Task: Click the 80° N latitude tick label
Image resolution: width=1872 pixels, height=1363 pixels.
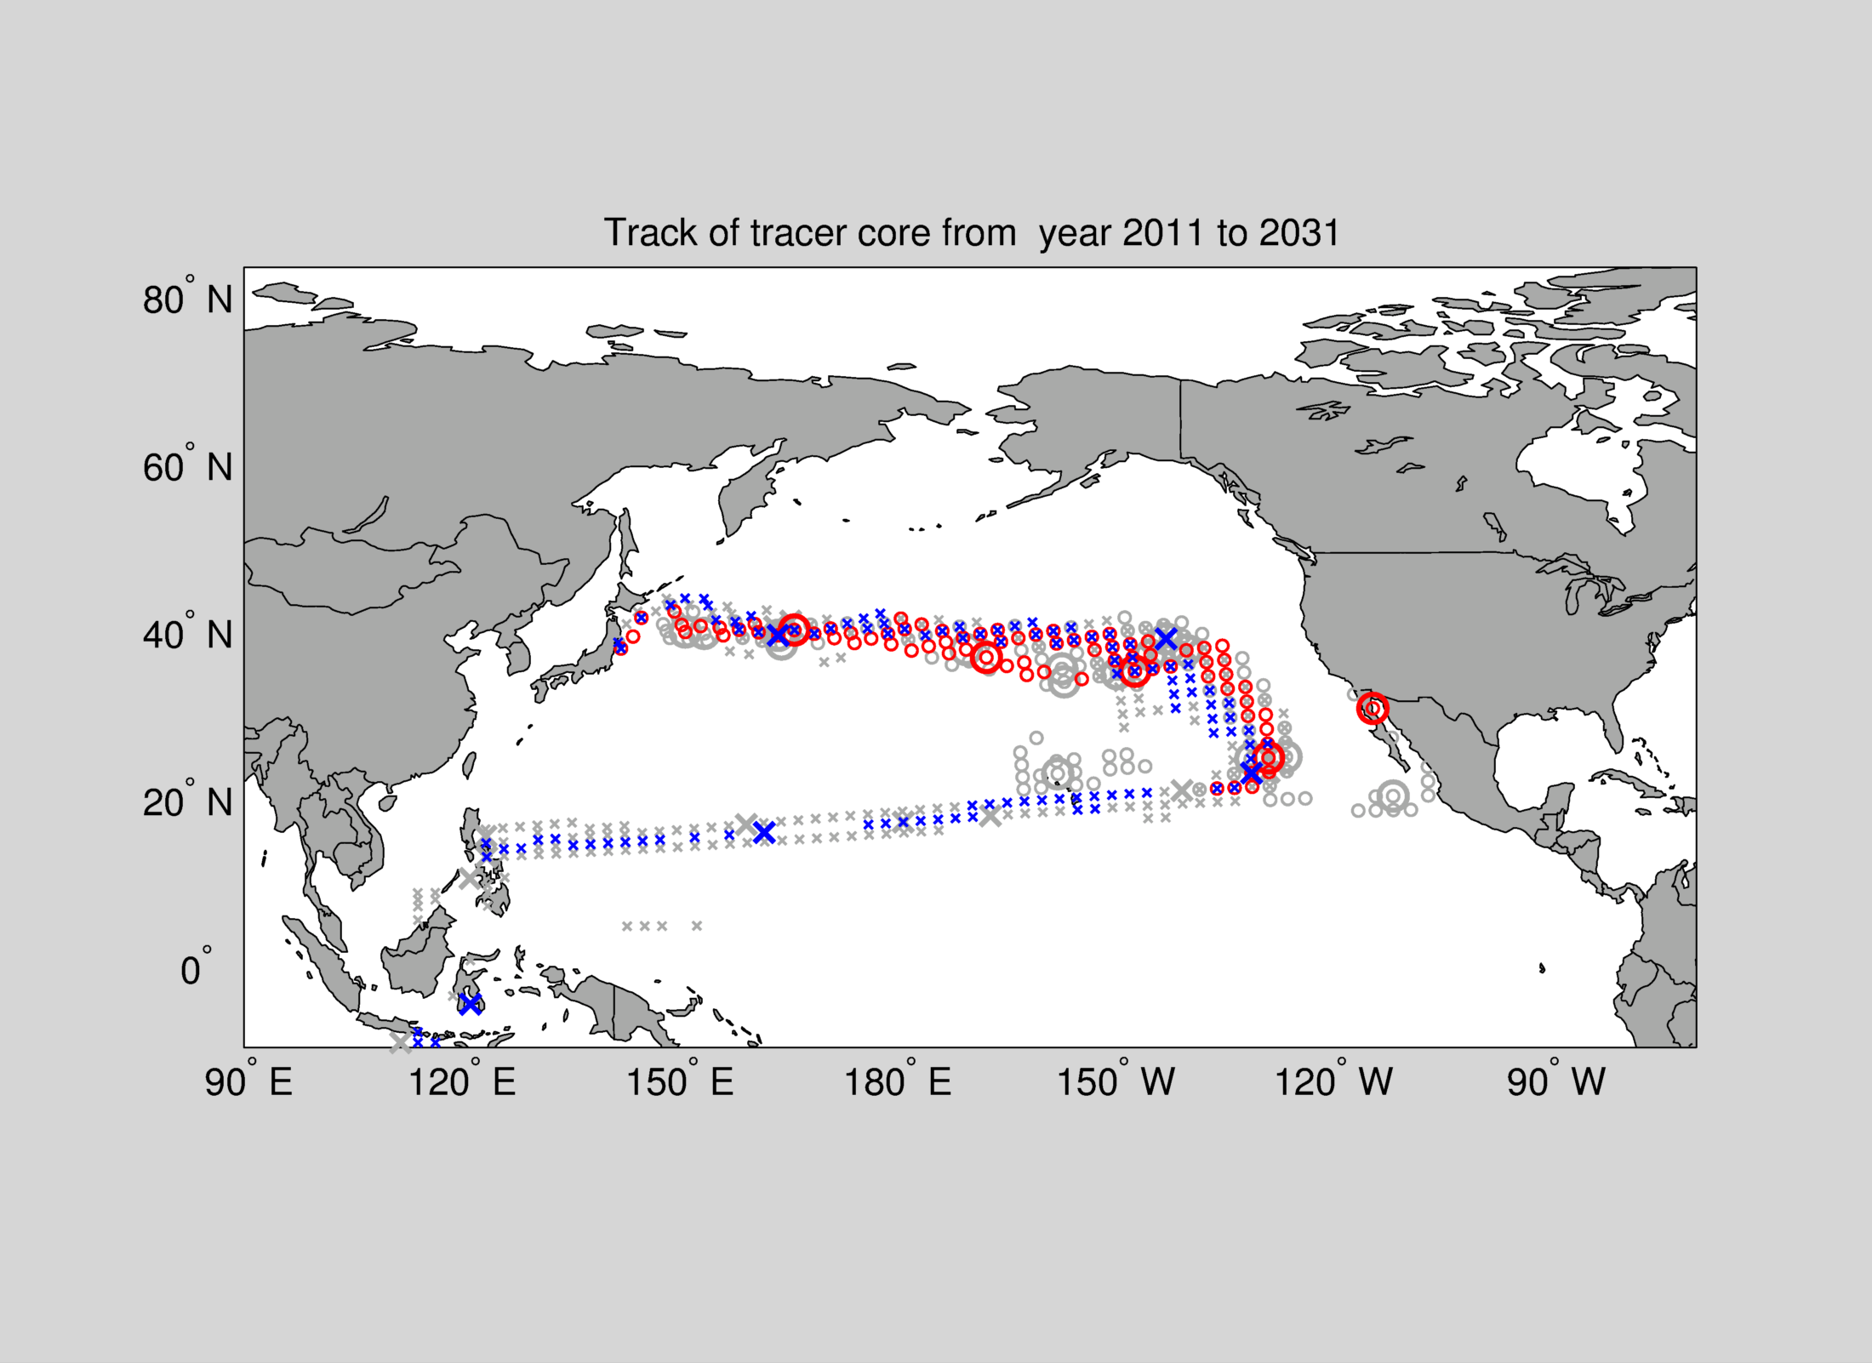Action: pos(187,299)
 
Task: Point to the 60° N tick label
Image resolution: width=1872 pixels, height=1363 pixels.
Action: pos(187,467)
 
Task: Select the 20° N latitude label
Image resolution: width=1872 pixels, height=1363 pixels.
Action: pos(187,802)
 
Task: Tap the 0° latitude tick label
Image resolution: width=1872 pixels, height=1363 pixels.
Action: pos(195,970)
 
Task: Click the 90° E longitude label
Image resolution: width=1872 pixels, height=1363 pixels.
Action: pos(248,1082)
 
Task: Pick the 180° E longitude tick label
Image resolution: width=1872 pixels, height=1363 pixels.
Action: pos(897,1082)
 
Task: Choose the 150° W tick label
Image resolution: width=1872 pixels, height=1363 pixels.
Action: pos(1116,1082)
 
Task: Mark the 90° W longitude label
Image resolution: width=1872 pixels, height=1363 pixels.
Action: pos(1555,1082)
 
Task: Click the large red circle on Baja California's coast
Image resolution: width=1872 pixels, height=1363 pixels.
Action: pos(1373,708)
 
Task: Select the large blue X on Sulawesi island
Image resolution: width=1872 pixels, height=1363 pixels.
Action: pos(470,1004)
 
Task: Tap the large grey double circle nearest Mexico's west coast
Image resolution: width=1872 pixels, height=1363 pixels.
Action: pos(1393,796)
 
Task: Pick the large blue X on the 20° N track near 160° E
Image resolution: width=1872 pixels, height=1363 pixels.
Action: pos(764,833)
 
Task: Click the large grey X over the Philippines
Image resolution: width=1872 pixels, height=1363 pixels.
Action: pos(470,878)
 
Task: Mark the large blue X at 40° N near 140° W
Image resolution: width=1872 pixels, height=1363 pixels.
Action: pos(1166,637)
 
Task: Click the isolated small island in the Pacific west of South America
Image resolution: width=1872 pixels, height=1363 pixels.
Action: pos(1542,967)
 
